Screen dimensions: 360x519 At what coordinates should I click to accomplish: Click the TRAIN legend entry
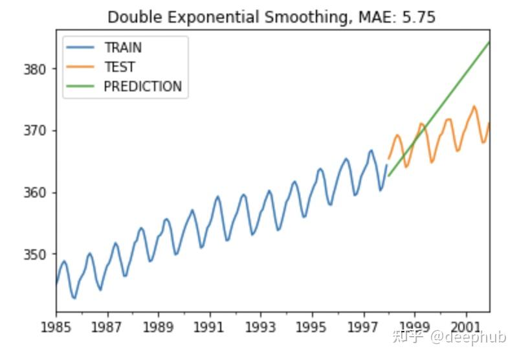coord(122,48)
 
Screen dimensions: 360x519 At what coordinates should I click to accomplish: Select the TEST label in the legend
coord(119,67)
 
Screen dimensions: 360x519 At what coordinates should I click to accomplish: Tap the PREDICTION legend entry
coord(142,87)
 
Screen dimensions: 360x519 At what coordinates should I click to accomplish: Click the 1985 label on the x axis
coord(56,326)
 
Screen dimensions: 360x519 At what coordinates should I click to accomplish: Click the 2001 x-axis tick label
coord(466,326)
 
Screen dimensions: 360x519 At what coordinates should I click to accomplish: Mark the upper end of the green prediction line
coord(489,42)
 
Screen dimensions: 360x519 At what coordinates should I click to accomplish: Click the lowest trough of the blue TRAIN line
coord(74,298)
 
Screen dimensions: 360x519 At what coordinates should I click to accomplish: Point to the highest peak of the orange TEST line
coord(474,106)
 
